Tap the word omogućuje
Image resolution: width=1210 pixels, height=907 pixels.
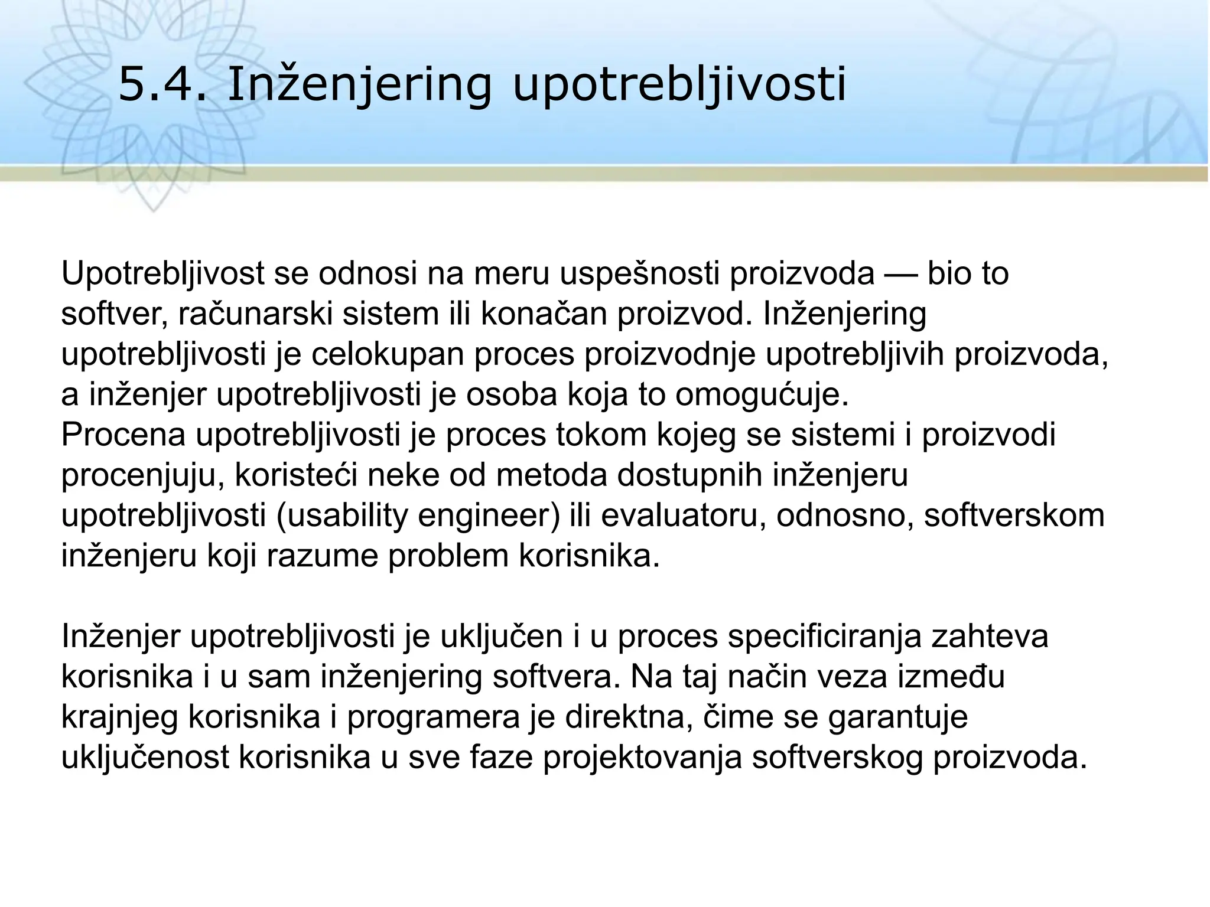762,394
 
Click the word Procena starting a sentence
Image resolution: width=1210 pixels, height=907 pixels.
123,435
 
